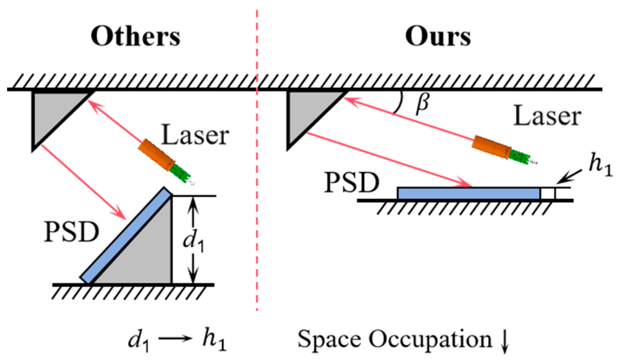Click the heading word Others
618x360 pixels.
(x=135, y=37)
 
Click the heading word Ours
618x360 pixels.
(x=438, y=37)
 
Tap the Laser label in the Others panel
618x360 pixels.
(x=195, y=135)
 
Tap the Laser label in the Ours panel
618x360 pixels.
(x=547, y=116)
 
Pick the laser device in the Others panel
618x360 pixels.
(x=164, y=161)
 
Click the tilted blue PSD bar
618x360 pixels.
(x=126, y=235)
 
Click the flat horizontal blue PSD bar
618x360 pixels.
(x=469, y=193)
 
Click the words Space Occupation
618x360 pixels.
(x=395, y=339)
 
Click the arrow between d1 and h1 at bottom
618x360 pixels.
(x=175, y=338)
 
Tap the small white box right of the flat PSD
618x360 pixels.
(x=548, y=194)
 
